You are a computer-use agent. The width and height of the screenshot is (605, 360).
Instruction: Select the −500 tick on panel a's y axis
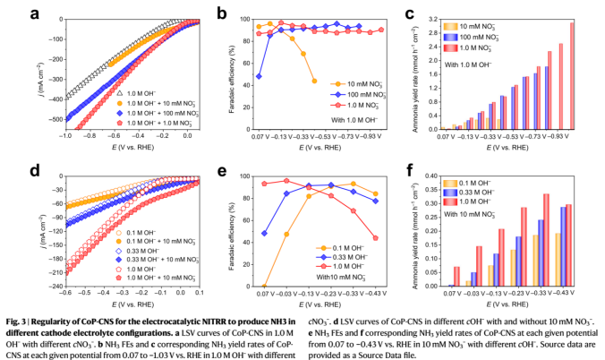(x=51, y=118)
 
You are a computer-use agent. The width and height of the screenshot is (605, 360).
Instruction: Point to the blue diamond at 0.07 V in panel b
(x=260, y=76)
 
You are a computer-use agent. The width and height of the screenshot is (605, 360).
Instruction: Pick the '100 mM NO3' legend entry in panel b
(x=357, y=92)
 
